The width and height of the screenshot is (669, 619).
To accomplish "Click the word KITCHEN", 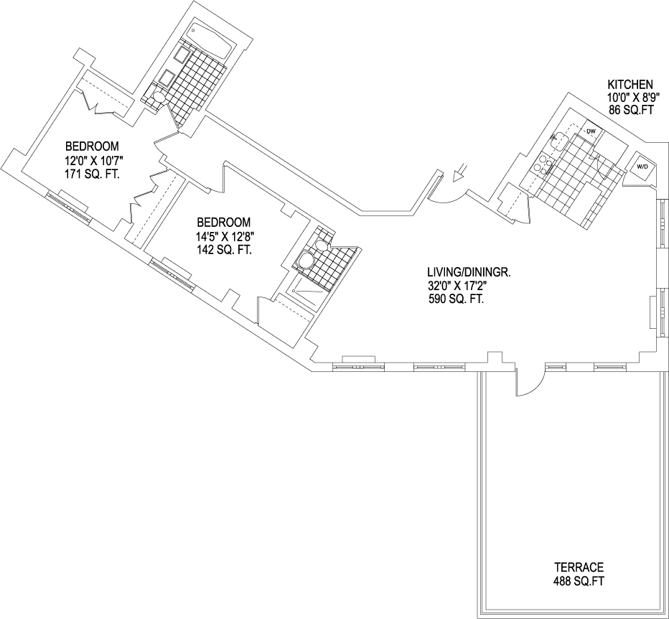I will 630,84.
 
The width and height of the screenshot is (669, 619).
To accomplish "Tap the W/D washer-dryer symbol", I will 642,167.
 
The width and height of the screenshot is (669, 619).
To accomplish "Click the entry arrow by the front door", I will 461,172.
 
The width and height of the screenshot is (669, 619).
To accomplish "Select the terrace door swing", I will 528,384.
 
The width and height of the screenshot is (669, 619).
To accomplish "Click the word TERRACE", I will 579,566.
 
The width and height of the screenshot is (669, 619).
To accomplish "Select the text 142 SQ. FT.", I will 225,249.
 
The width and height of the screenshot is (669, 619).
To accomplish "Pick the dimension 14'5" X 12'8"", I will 225,236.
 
